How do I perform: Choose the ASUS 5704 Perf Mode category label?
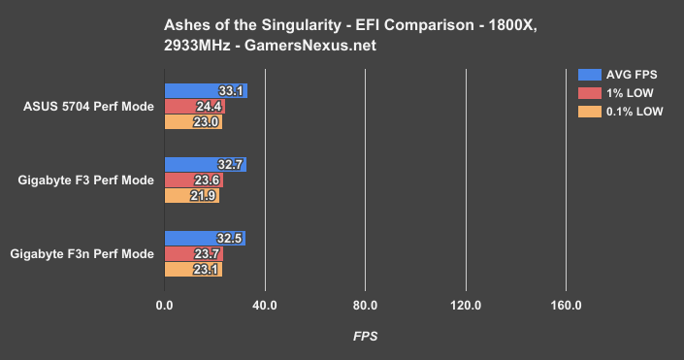(86, 107)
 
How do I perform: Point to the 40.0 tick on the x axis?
(265, 307)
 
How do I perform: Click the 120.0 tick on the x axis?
(466, 307)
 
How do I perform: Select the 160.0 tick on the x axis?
(566, 307)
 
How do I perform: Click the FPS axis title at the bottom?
(365, 337)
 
